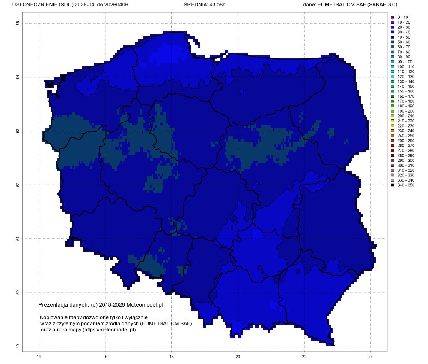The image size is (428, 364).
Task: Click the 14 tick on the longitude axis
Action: (x=39, y=356)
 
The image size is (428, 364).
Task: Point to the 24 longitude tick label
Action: (x=371, y=356)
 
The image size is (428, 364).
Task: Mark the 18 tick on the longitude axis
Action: (x=172, y=356)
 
